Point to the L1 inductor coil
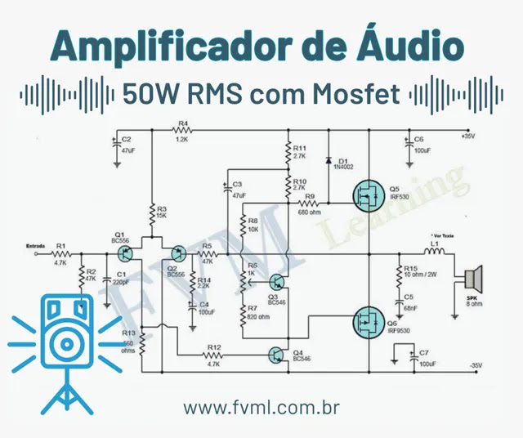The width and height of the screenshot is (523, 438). [x=435, y=253]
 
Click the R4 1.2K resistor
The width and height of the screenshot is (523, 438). [x=182, y=134]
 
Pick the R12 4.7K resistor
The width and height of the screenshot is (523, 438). [x=214, y=354]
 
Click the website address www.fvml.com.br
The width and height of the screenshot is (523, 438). [x=261, y=407]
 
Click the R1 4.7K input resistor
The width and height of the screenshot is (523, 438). [x=60, y=253]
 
